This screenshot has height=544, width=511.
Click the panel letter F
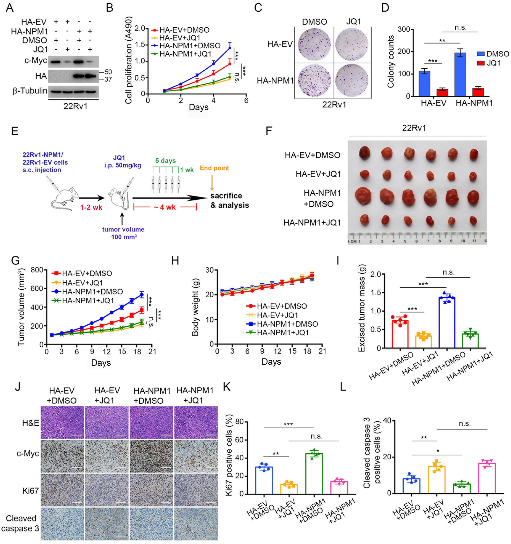[x=269, y=131]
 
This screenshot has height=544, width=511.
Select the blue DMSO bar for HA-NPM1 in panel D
[x=460, y=75]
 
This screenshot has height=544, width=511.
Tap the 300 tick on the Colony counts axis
[x=403, y=29]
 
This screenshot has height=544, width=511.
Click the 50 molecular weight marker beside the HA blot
[x=108, y=72]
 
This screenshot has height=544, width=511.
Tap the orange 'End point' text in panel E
[x=214, y=168]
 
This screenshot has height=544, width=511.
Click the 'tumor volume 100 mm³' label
[x=123, y=233]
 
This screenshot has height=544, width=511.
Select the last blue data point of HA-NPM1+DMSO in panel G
[x=142, y=295]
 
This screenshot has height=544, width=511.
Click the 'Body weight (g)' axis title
[x=195, y=307]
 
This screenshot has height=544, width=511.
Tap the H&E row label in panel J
[x=31, y=423]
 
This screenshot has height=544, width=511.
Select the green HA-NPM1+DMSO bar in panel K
[x=314, y=473]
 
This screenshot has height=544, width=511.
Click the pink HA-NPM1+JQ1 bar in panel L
[x=487, y=478]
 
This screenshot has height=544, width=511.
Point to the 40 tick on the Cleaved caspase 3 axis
[x=387, y=421]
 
